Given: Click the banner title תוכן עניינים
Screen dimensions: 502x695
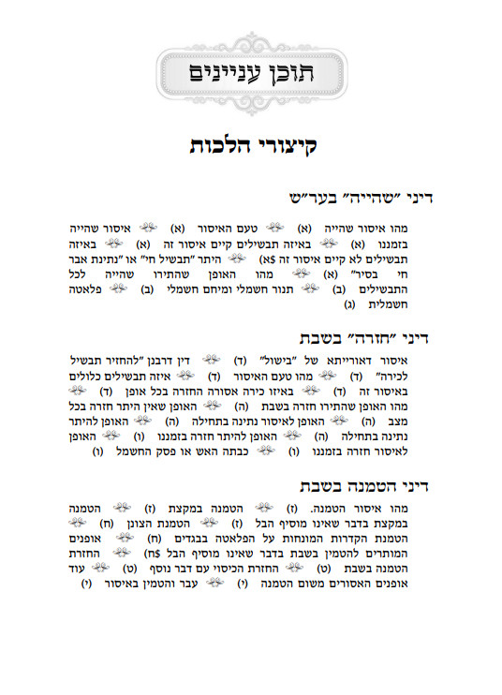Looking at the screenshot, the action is point(251,72).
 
